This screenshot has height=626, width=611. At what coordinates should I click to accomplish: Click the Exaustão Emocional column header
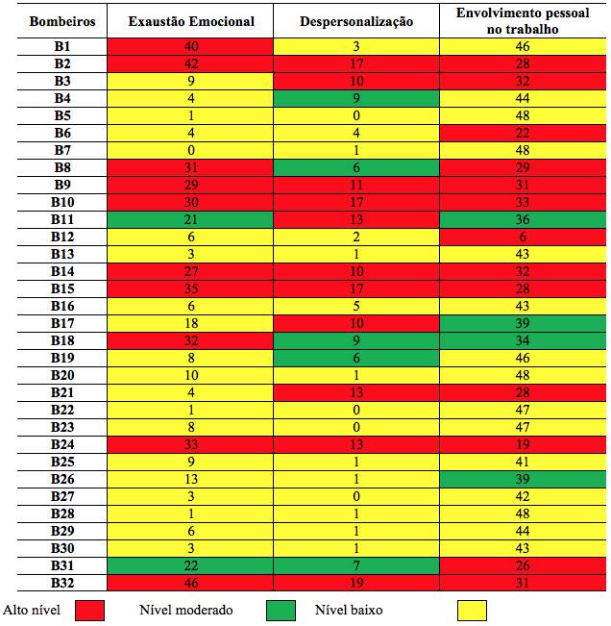point(191,21)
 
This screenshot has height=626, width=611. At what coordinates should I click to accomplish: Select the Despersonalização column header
point(356,21)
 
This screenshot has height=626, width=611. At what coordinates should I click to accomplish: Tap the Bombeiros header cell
point(62,21)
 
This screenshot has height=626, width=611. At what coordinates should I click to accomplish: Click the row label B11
point(62,219)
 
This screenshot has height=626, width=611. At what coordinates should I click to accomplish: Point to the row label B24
point(62,444)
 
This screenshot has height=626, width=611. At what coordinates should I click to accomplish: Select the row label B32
point(62,583)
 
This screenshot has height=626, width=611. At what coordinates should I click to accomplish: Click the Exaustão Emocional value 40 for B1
point(191,46)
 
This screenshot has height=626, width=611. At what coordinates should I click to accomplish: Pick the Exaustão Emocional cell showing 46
point(191,583)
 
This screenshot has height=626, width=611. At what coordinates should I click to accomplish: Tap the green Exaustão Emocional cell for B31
point(190,565)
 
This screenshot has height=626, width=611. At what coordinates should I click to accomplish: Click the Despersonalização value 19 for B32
point(356,583)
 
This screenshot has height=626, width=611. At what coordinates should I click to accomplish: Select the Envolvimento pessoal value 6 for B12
point(523,237)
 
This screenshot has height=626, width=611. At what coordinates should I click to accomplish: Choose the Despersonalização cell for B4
point(356,98)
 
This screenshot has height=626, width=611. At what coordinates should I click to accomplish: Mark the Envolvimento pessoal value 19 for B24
point(523,444)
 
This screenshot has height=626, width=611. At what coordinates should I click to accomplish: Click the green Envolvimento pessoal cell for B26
point(523,479)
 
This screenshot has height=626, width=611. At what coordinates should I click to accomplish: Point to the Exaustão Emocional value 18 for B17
point(191,323)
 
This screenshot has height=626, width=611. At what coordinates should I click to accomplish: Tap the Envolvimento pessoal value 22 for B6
point(523,133)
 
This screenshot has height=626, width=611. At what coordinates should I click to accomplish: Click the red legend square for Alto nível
point(89,611)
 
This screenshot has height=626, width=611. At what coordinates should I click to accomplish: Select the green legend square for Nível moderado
point(281,611)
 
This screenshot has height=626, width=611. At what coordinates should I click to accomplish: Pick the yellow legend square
point(473,611)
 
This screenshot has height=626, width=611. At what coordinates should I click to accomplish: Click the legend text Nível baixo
point(349,610)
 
